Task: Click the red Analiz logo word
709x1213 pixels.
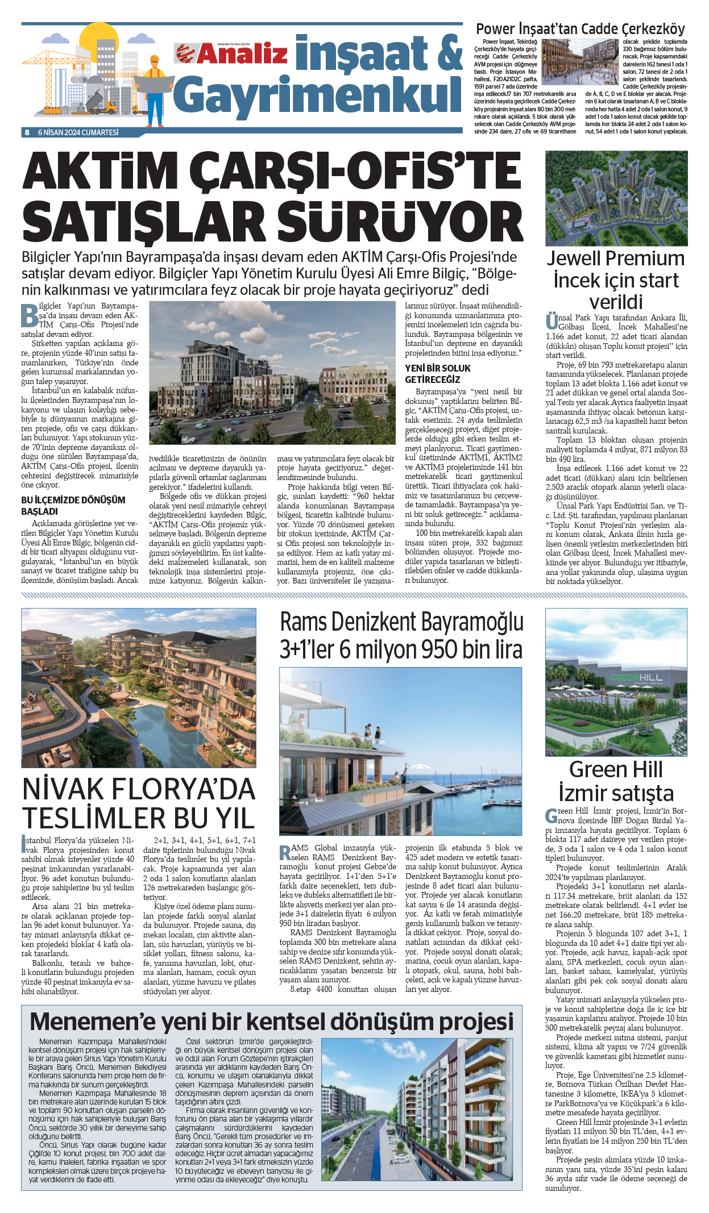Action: click(242, 54)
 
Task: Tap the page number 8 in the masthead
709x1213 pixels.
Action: click(27, 132)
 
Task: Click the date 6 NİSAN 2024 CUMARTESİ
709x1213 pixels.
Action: click(78, 132)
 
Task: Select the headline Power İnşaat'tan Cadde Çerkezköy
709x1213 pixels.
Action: click(580, 29)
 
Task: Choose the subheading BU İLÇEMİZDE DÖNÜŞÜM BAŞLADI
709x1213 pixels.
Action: click(73, 505)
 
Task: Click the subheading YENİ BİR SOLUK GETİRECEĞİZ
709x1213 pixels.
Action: click(438, 373)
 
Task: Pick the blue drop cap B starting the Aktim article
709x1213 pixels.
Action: click(29, 316)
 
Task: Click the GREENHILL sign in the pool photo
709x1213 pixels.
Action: click(636, 678)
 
